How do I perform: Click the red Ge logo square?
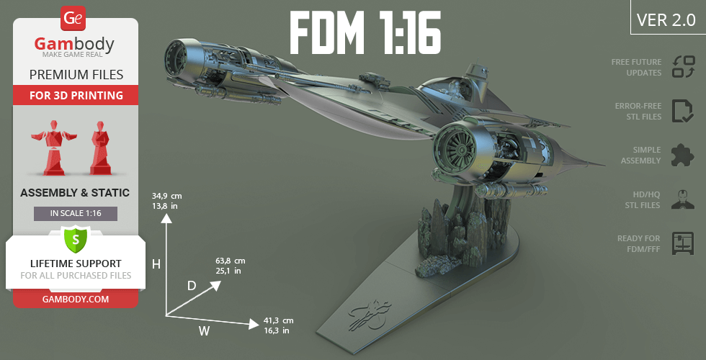coord(73,18)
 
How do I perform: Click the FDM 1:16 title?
coord(365,33)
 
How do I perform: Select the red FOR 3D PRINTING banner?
coord(76,95)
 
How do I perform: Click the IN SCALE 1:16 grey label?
coord(76,214)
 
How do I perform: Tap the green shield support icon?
coord(76,239)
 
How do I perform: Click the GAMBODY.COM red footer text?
coord(76,298)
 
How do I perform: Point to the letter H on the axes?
coord(156,264)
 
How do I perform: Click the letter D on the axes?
coord(192,286)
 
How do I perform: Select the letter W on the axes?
coord(204,331)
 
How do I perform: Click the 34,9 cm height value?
coord(166,196)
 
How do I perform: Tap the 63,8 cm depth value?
coord(231,261)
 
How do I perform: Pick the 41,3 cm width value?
coord(278,320)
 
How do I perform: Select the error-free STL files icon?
coord(682,111)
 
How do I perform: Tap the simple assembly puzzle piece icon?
coord(682,155)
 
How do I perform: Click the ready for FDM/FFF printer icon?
coord(682,243)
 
